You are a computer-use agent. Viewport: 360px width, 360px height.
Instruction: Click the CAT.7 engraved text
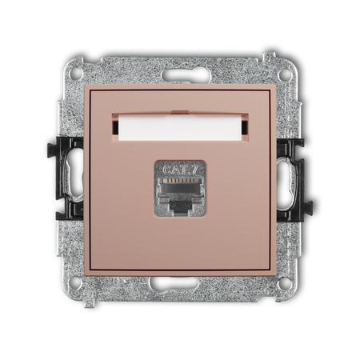click(x=180, y=170)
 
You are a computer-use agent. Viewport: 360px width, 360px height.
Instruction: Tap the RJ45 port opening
click(x=180, y=195)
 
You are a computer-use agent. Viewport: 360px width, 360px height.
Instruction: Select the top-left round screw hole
click(x=76, y=74)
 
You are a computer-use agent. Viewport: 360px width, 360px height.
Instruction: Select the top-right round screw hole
click(x=285, y=74)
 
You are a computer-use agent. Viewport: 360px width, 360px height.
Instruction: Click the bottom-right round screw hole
click(x=284, y=283)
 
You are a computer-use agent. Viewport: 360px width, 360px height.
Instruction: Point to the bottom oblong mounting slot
click(x=174, y=284)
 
